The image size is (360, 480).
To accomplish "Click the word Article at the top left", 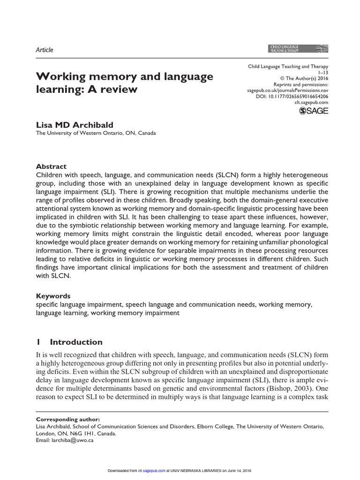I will point(45,50).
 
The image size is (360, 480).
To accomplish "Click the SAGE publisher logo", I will point(314,111).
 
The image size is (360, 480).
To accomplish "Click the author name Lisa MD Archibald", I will point(75,124).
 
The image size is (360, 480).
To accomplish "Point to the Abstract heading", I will point(52,166).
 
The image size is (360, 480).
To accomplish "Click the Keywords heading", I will point(53,296).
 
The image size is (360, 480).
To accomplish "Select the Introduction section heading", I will point(76,342).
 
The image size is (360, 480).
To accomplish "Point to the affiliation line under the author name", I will point(96,133).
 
